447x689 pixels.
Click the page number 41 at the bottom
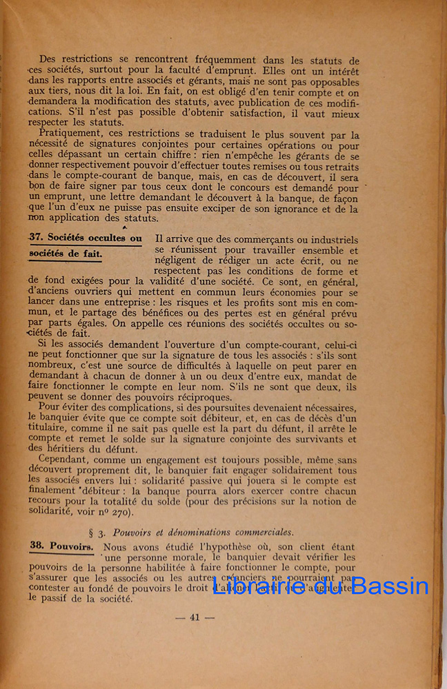(x=194, y=617)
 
